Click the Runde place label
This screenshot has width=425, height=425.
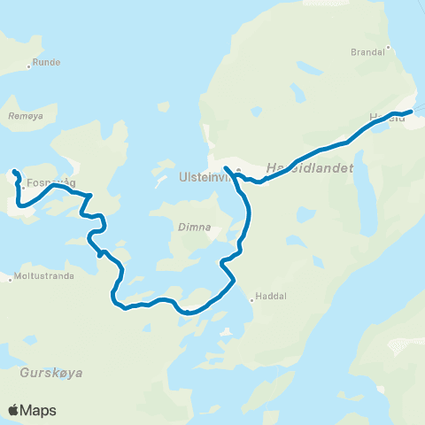point(46,63)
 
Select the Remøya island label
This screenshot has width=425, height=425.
point(25,116)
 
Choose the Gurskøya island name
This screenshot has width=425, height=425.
point(51,373)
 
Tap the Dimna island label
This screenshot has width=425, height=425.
point(194,227)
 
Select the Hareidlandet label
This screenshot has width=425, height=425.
point(310,167)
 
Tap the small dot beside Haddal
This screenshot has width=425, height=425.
point(252,297)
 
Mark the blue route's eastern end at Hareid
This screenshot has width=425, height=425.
point(412,112)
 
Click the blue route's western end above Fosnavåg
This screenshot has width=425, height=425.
point(13,170)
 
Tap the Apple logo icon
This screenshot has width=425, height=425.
point(13,410)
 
